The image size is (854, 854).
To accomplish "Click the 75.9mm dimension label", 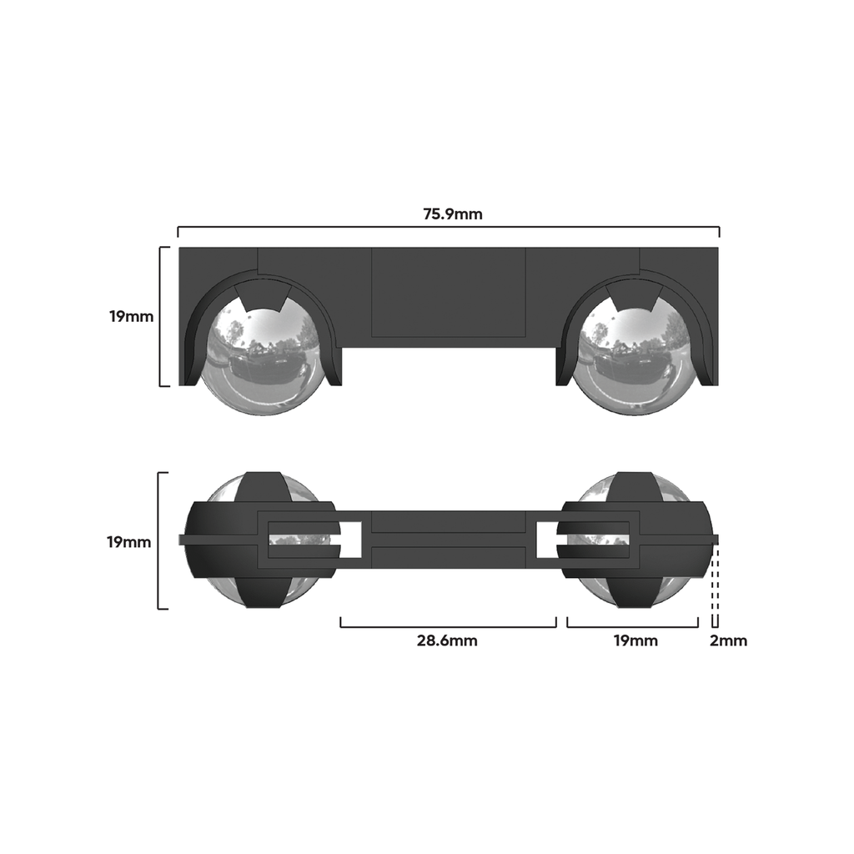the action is [453, 214].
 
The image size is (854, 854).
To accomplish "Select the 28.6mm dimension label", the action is [447, 640].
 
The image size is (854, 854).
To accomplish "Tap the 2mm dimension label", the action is [728, 640].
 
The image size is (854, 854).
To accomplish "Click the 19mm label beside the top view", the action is [131, 316].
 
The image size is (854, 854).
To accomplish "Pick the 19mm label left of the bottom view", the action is [128, 542].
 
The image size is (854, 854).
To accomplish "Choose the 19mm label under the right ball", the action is [635, 640].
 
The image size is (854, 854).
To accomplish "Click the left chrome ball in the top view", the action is [264, 354].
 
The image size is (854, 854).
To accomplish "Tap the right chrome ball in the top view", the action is [635, 354].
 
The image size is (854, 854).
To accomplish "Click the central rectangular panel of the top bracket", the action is [448, 293].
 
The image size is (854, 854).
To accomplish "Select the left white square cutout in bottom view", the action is [351, 540].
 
